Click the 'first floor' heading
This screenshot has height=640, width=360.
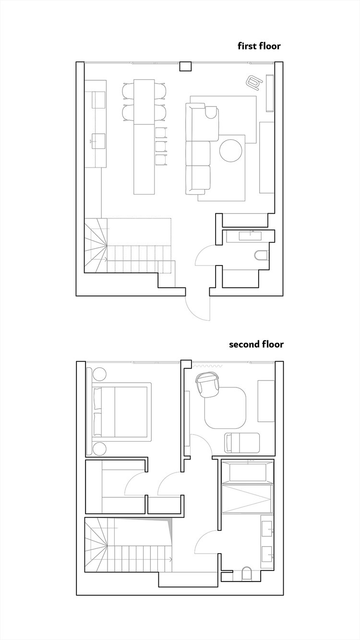tap(259, 46)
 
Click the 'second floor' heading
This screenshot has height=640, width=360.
tap(256, 344)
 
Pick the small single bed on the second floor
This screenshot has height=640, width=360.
tap(242, 441)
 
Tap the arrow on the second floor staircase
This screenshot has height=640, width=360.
tap(169, 558)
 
